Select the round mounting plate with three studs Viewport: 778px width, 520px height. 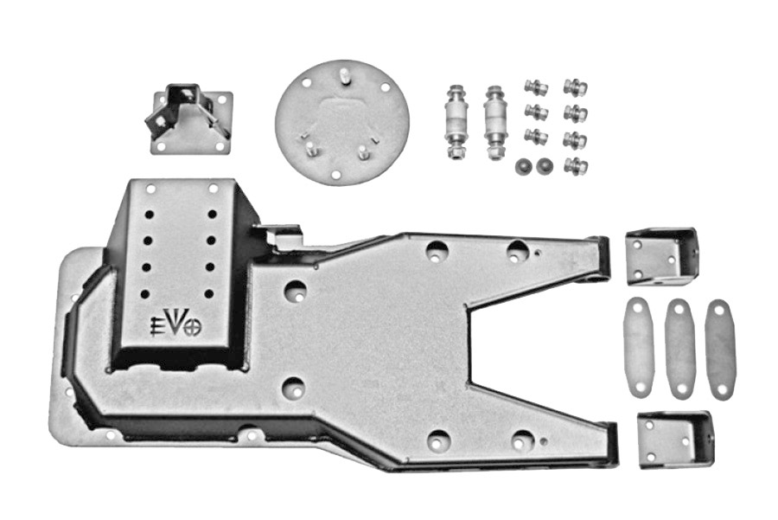pyautogui.click(x=342, y=122)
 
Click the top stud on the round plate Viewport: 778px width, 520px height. pyautogui.click(x=343, y=77)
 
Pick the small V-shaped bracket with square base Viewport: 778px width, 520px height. pyautogui.click(x=189, y=119)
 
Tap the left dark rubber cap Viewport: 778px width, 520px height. pyautogui.click(x=522, y=166)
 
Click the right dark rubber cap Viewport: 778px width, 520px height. pyautogui.click(x=545, y=166)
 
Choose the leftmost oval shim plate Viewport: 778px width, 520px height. pyautogui.click(x=639, y=347)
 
